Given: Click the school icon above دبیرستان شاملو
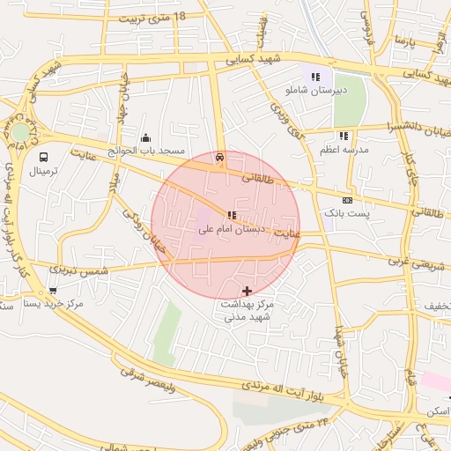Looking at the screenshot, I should [x=315, y=77].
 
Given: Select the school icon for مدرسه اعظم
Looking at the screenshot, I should [x=344, y=136].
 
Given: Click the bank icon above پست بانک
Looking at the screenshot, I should [x=347, y=201].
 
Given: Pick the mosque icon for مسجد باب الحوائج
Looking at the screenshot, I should [x=146, y=137].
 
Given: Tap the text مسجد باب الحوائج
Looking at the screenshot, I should [x=146, y=152].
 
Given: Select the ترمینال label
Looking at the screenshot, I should [x=41, y=171].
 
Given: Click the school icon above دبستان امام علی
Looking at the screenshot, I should [x=232, y=215].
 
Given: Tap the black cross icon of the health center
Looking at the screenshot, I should [x=246, y=290].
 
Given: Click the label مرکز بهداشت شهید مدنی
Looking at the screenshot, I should [x=248, y=309].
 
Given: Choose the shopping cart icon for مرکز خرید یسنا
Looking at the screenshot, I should [x=54, y=290].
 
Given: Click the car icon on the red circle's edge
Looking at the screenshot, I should [x=219, y=158].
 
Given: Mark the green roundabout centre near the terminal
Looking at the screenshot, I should [x=19, y=132].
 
